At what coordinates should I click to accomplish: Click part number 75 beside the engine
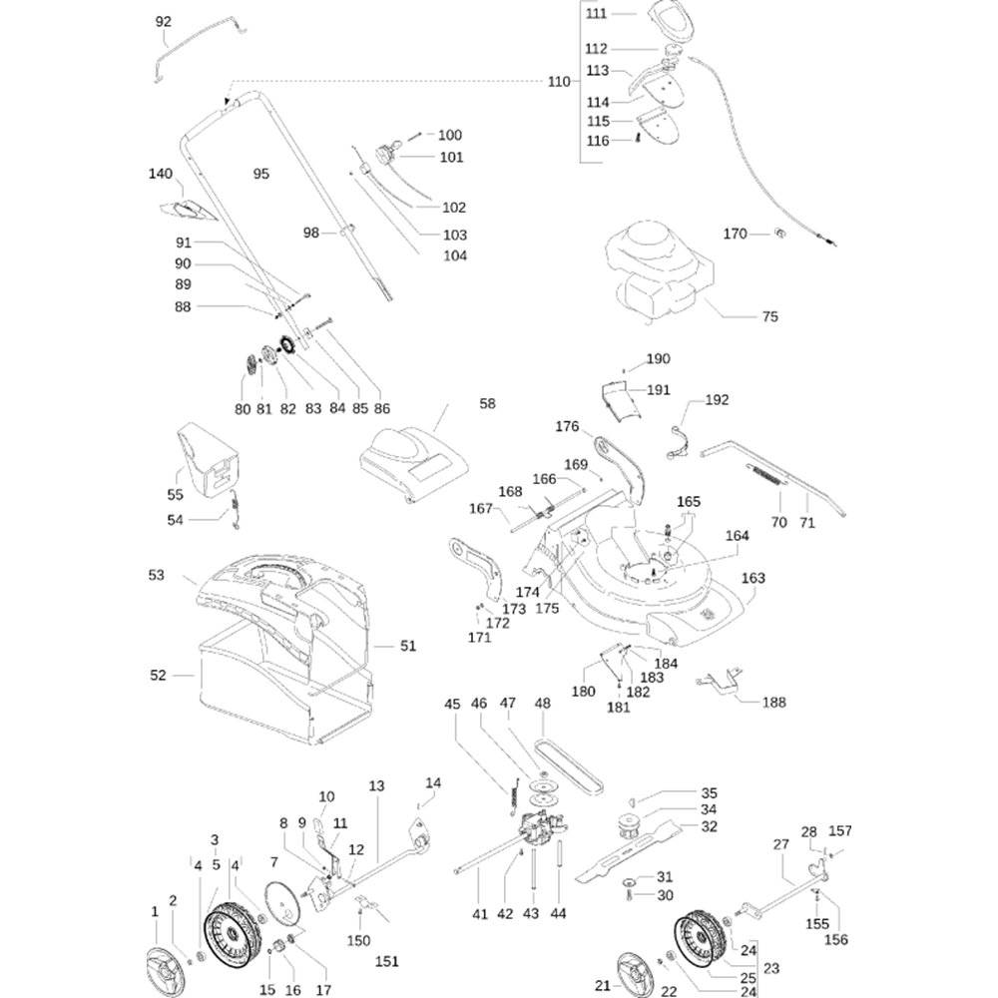click(x=769, y=317)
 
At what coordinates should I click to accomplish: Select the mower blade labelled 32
click(x=639, y=846)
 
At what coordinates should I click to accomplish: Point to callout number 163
click(x=753, y=578)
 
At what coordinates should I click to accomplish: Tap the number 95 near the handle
click(x=261, y=174)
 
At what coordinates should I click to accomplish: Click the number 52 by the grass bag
click(x=158, y=676)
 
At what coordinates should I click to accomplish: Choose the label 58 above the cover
click(x=487, y=404)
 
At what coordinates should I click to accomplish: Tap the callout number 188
click(x=773, y=703)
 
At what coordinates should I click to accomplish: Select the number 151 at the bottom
click(x=386, y=961)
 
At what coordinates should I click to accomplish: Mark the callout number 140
click(x=161, y=174)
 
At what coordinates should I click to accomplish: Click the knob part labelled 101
click(x=384, y=155)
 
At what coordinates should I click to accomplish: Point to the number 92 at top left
click(x=165, y=21)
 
